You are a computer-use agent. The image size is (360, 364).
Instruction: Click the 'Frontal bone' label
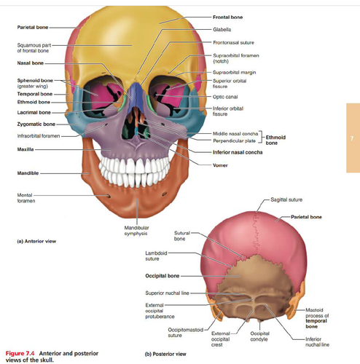(x=227, y=17)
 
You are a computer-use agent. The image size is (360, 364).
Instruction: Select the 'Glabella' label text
(x=222, y=30)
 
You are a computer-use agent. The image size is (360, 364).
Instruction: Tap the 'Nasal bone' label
(x=31, y=63)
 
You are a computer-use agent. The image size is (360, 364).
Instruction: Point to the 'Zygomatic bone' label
(x=36, y=124)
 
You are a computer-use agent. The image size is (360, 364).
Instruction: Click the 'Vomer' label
(x=220, y=165)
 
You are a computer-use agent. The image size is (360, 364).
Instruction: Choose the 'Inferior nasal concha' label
(x=238, y=152)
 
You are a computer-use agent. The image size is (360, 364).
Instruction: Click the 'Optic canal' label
(x=225, y=97)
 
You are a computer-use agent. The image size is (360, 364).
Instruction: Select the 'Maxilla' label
(x=26, y=149)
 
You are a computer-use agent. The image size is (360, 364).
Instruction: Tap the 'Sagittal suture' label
(x=286, y=199)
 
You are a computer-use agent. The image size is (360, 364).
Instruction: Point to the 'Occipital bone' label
(x=163, y=276)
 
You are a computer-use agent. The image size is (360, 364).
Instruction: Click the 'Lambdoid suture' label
(x=156, y=256)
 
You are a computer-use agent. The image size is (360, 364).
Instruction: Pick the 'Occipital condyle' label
(x=259, y=336)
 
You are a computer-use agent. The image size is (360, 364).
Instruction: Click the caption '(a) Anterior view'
(x=36, y=241)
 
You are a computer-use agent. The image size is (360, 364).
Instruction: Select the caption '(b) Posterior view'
(x=165, y=354)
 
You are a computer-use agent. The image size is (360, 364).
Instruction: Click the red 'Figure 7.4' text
(x=20, y=353)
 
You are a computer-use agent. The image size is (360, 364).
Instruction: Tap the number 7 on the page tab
(x=351, y=138)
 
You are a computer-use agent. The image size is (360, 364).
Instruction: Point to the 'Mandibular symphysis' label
(x=136, y=231)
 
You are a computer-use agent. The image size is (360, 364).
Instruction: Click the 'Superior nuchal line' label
(x=167, y=293)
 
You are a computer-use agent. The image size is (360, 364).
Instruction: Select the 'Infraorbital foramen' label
(x=39, y=136)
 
